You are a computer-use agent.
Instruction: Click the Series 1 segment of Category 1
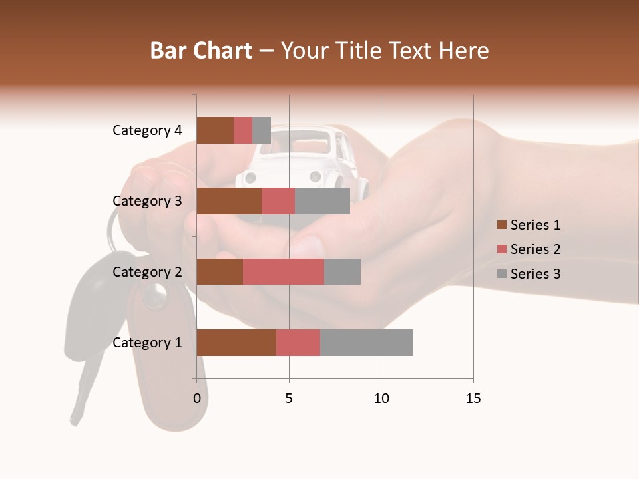pyautogui.click(x=236, y=343)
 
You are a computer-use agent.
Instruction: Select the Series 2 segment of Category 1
pyautogui.click(x=298, y=343)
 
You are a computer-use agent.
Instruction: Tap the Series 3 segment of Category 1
pyautogui.click(x=366, y=343)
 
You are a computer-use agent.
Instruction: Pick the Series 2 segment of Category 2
pyautogui.click(x=284, y=271)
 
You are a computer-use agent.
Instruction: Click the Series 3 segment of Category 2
pyautogui.click(x=342, y=271)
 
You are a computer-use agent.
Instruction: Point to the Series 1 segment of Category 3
pyautogui.click(x=229, y=201)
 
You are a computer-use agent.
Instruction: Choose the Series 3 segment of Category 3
pyautogui.click(x=322, y=201)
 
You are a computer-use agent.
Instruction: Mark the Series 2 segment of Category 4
pyautogui.click(x=243, y=130)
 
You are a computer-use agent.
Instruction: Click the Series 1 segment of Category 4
pyautogui.click(x=215, y=130)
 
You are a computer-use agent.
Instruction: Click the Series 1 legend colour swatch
pyautogui.click(x=501, y=225)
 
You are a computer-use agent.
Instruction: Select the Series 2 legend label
pyautogui.click(x=535, y=249)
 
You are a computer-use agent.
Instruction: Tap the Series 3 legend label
pyautogui.click(x=535, y=274)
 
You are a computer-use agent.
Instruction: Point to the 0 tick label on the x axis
pyautogui.click(x=197, y=399)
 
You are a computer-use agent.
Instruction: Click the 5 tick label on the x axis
pyautogui.click(x=289, y=399)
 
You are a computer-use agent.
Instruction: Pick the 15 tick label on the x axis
pyautogui.click(x=473, y=399)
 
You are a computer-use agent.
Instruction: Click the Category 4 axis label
pyautogui.click(x=147, y=130)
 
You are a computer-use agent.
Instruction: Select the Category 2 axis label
pyautogui.click(x=147, y=271)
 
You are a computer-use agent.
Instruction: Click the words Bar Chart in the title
pyautogui.click(x=201, y=51)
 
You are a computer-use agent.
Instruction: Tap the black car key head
pyautogui.click(x=93, y=306)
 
